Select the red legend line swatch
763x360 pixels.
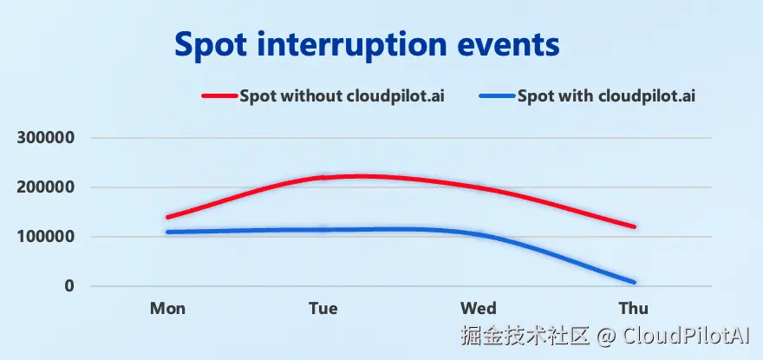point(220,96)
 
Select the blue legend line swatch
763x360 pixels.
point(497,96)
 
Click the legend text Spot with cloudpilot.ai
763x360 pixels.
point(606,96)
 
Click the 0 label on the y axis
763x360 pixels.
point(69,286)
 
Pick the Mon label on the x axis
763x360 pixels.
point(167,309)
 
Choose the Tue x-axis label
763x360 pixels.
point(323,309)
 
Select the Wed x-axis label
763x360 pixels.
point(479,309)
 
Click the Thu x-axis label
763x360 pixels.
point(633,309)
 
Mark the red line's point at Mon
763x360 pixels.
point(167,217)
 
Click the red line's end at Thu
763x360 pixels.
point(633,226)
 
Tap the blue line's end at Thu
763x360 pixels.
point(633,282)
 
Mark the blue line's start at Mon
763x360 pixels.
point(167,232)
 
